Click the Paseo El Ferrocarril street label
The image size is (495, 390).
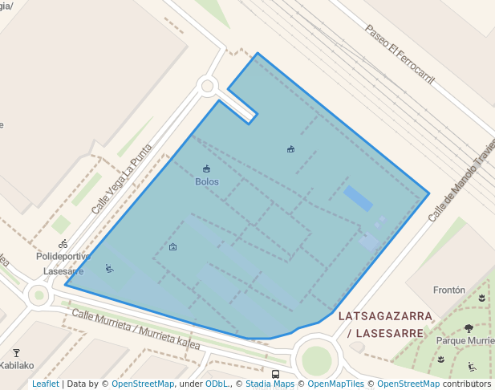[x=399, y=54]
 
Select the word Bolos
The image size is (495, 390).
[x=207, y=181]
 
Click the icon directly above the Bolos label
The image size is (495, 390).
[x=207, y=169]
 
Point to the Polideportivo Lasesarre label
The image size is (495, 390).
[x=63, y=263]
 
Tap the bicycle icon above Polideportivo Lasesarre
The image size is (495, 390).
[x=63, y=244]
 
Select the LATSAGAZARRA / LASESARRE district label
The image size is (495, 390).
[x=385, y=324]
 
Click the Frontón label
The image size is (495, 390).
[x=448, y=290]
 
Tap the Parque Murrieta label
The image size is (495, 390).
[x=466, y=340]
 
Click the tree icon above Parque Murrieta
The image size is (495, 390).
[x=469, y=328]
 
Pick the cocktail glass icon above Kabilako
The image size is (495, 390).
[x=16, y=352]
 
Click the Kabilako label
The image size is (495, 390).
[x=17, y=365]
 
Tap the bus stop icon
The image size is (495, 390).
[x=276, y=374]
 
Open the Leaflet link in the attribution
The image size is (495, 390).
[x=46, y=384]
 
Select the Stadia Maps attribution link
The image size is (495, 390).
[x=270, y=384]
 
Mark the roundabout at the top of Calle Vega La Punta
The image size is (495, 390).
[x=208, y=84]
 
